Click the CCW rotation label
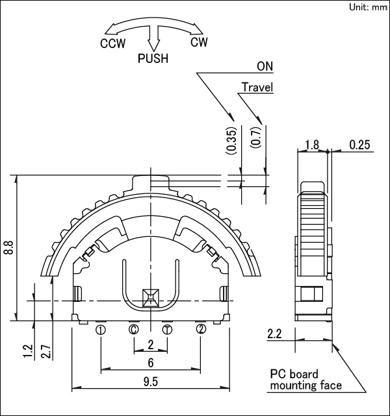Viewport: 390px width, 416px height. pos(112,44)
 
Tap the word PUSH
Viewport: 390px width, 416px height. pos(153,58)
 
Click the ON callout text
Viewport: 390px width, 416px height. pos(265,67)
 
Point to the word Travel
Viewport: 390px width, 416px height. pos(257,87)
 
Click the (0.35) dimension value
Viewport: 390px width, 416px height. pos(232,140)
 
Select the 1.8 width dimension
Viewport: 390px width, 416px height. pos(311,145)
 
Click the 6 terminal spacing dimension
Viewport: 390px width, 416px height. pos(151,362)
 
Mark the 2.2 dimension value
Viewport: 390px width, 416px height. pos(274,335)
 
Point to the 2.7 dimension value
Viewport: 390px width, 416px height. pos(46,351)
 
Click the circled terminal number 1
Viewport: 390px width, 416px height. pos(101,330)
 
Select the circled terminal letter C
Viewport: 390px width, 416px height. pos(134,330)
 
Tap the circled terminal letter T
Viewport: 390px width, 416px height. pos(167,330)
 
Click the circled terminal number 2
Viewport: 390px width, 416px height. pos(201,330)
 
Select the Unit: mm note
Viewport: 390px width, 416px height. pos(369,7)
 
